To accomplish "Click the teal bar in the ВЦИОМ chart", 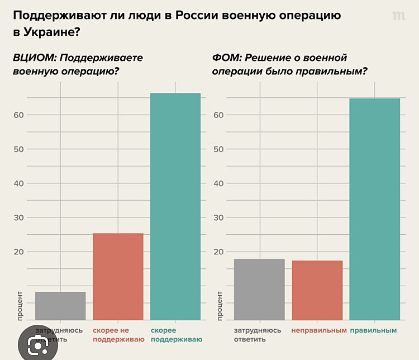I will [175, 206].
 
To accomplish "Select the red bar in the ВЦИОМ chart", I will [118, 276].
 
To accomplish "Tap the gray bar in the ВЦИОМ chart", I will [60, 306].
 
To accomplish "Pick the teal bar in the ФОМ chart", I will [374, 209].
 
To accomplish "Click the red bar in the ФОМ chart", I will [317, 290].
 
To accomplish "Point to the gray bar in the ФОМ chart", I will [259, 289].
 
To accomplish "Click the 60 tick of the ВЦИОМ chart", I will [19, 115].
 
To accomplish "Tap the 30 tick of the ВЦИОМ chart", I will [19, 217].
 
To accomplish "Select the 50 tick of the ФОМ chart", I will [218, 149].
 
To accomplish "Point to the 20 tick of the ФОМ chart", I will [218, 252].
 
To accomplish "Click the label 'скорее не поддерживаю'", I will [118, 334].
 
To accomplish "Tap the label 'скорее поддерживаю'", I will [176, 334].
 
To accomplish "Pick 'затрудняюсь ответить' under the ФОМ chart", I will [258, 334].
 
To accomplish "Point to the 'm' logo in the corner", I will [398, 16].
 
